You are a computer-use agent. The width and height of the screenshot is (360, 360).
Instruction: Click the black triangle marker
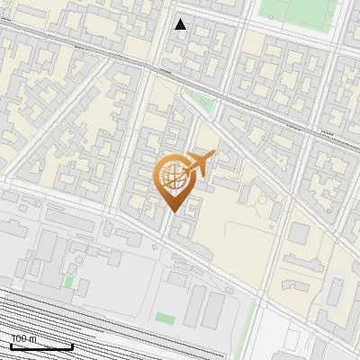tap(181, 24)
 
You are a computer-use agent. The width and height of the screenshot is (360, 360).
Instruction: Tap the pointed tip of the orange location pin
tap(172, 211)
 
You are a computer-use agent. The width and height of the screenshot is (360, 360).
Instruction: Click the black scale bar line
tap(41, 346)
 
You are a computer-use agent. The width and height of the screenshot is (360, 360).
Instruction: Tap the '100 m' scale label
tap(23, 338)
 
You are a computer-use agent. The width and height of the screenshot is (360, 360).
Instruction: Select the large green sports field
tap(297, 11)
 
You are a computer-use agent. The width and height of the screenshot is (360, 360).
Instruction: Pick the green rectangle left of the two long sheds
tap(164, 318)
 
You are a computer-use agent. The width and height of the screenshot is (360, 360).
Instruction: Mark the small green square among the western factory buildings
tap(69, 282)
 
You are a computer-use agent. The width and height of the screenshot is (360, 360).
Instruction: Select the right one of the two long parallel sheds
tap(217, 311)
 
